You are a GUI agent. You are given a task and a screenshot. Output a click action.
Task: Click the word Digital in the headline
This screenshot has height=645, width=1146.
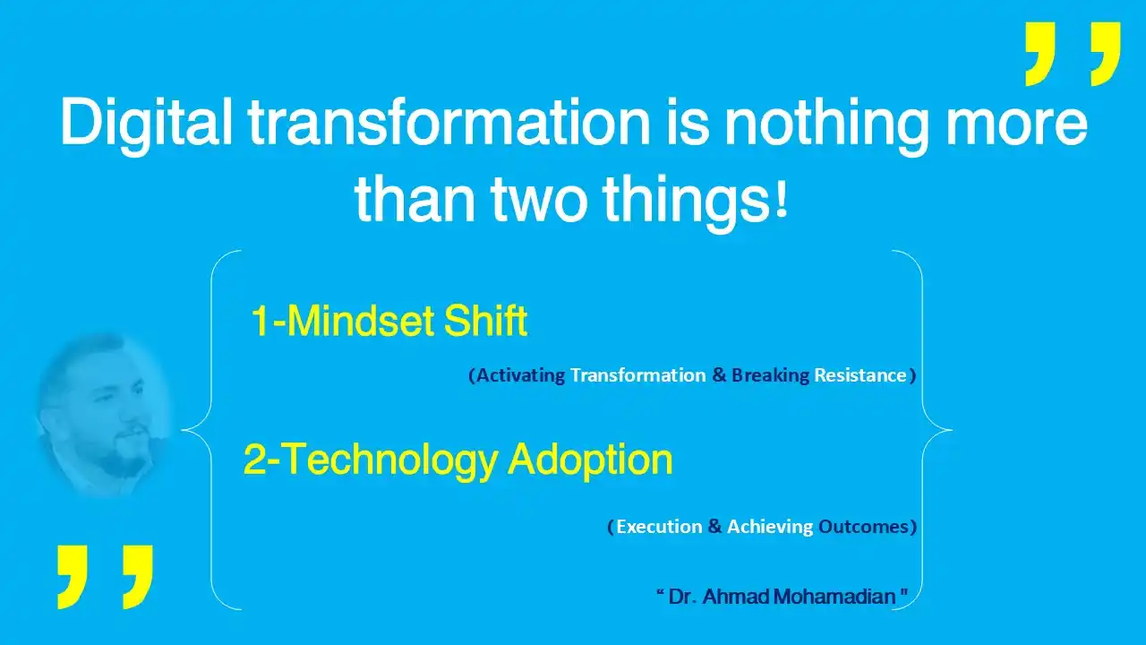point(146,123)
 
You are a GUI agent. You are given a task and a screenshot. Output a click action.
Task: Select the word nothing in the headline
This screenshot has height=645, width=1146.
point(826,123)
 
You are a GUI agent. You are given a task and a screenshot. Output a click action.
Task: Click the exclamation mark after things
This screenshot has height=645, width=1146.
point(782,199)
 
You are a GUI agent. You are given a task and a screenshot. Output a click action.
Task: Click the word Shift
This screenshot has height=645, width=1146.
point(485,320)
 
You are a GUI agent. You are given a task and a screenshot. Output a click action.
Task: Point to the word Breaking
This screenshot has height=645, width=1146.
point(771,375)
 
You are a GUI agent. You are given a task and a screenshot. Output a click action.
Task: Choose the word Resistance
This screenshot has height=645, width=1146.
point(860,375)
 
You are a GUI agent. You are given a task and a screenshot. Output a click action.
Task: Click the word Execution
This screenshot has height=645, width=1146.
point(659,526)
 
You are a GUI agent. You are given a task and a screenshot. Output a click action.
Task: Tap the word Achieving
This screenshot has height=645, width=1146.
point(770,527)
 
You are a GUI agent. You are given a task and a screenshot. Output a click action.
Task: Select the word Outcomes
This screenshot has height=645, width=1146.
point(863,526)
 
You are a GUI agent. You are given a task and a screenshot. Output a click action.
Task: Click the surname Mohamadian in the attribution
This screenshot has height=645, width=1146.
point(834,597)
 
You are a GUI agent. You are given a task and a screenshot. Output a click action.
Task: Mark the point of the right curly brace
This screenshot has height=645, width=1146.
point(952,430)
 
